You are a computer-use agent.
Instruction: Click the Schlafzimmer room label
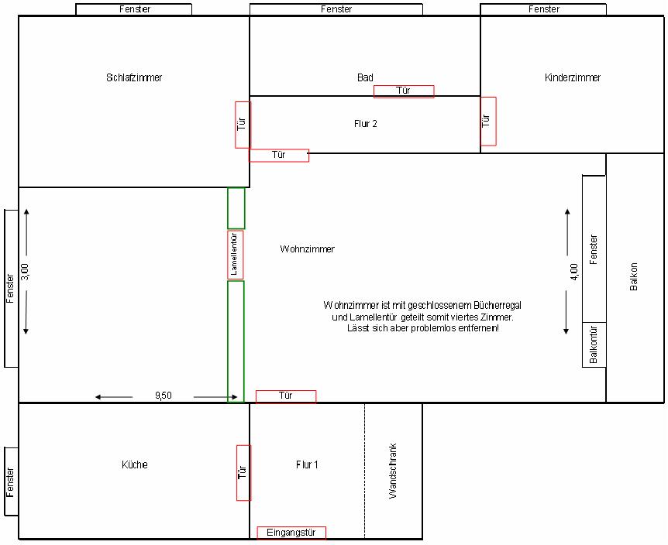coord(134,78)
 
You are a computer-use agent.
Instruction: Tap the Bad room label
coord(365,78)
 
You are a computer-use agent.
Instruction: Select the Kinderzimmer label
coord(573,78)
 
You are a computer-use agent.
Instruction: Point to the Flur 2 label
coord(366,124)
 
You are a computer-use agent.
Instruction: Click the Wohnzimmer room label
coord(307,249)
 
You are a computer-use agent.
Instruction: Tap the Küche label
coord(135,464)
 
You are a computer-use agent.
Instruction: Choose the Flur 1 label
coord(307,464)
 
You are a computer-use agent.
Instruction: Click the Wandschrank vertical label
coord(392,471)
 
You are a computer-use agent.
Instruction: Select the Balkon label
coord(633,276)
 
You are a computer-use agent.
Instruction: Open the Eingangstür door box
coord(291,533)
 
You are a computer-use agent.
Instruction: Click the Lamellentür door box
coord(235,255)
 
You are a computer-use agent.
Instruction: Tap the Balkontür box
coord(594,344)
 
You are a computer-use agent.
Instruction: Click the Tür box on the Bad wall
coord(404,91)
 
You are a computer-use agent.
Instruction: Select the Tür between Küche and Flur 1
coord(243,473)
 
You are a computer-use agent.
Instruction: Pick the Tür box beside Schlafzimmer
coord(243,125)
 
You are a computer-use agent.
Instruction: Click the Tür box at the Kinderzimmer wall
coord(488,122)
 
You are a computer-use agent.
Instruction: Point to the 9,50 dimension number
coord(164,396)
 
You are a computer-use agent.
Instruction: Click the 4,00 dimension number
coord(574,272)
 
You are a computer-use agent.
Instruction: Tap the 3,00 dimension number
coord(25,272)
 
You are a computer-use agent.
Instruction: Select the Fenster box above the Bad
coord(336,9)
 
